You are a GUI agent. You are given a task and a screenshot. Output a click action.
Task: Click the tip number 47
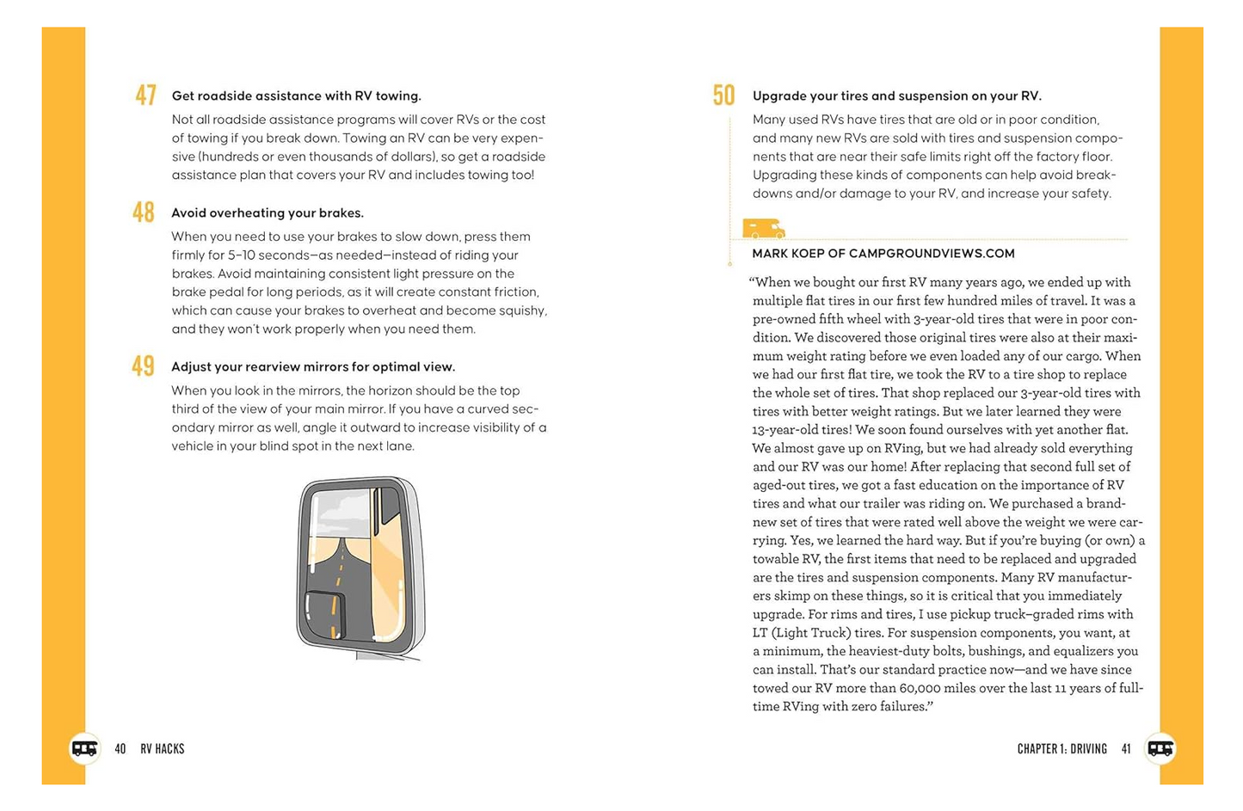point(145,95)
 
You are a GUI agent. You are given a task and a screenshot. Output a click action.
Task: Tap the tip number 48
point(143,212)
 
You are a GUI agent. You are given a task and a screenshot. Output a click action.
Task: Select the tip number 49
point(143,366)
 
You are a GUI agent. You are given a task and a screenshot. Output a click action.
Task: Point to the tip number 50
point(723,95)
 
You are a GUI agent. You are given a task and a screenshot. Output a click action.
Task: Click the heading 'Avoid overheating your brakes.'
point(267,212)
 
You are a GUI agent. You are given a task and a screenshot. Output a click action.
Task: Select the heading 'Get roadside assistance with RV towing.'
point(296,95)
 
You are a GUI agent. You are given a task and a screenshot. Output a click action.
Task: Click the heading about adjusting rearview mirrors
point(312,366)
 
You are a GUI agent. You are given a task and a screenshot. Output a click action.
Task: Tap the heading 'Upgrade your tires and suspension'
point(896,95)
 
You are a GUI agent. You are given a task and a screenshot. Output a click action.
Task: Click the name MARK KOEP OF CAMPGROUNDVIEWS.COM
point(883,253)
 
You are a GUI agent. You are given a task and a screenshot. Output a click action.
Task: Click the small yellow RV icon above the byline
point(763,229)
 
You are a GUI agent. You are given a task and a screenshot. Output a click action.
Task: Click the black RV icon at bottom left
point(84,748)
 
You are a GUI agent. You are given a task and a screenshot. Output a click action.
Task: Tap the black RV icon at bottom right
point(1160,748)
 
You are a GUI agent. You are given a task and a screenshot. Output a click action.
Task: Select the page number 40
point(120,749)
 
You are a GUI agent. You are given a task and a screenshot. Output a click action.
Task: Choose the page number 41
point(1126,749)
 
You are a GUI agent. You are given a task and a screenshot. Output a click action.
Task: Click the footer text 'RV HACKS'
point(163,749)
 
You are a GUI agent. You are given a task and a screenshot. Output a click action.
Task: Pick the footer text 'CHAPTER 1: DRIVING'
point(1061,749)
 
